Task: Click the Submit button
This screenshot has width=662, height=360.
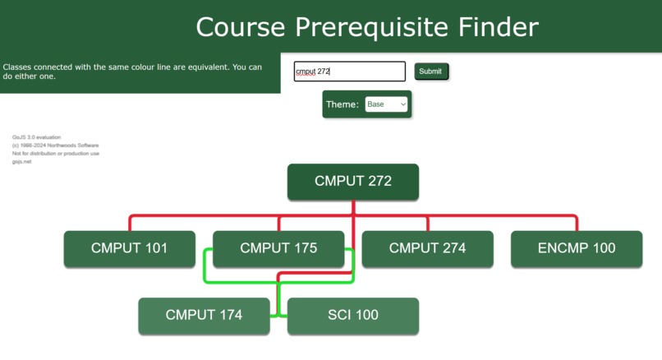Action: coord(430,72)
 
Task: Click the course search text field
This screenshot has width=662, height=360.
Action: coord(350,72)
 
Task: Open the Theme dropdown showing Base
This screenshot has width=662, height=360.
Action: coord(386,104)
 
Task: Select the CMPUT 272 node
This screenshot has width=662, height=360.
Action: coord(353,182)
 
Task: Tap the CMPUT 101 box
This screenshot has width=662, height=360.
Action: coord(130,248)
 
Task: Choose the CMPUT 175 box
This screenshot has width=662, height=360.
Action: coord(278,248)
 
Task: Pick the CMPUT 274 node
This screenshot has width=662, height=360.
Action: coord(427,248)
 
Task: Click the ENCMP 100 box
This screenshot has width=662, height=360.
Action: coord(577,248)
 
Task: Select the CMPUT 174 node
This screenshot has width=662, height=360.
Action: coord(204,316)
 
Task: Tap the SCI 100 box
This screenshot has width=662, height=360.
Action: coord(353,316)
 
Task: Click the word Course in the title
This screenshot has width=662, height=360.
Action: coord(241,27)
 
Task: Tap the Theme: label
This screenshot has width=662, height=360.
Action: coord(342,104)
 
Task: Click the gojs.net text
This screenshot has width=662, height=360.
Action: coord(21,162)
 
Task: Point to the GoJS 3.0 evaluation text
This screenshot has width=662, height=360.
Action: coord(37,137)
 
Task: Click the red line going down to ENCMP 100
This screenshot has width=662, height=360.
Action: coord(577,223)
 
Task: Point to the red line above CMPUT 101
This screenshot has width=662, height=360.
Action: coord(130,223)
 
